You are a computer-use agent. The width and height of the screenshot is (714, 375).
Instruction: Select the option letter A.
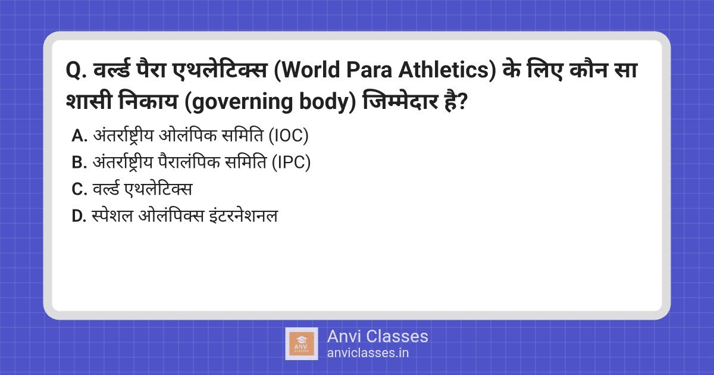(79, 136)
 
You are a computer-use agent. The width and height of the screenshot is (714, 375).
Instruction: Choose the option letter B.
(79, 163)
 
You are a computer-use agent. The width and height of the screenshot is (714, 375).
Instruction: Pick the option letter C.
(79, 190)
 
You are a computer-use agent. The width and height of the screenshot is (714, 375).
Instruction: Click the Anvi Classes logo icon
(302, 343)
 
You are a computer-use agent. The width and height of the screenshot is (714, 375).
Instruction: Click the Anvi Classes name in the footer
(377, 336)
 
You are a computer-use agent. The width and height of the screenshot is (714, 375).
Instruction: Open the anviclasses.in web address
(368, 352)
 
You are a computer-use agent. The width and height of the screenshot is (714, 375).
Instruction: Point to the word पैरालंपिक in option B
(201, 163)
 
